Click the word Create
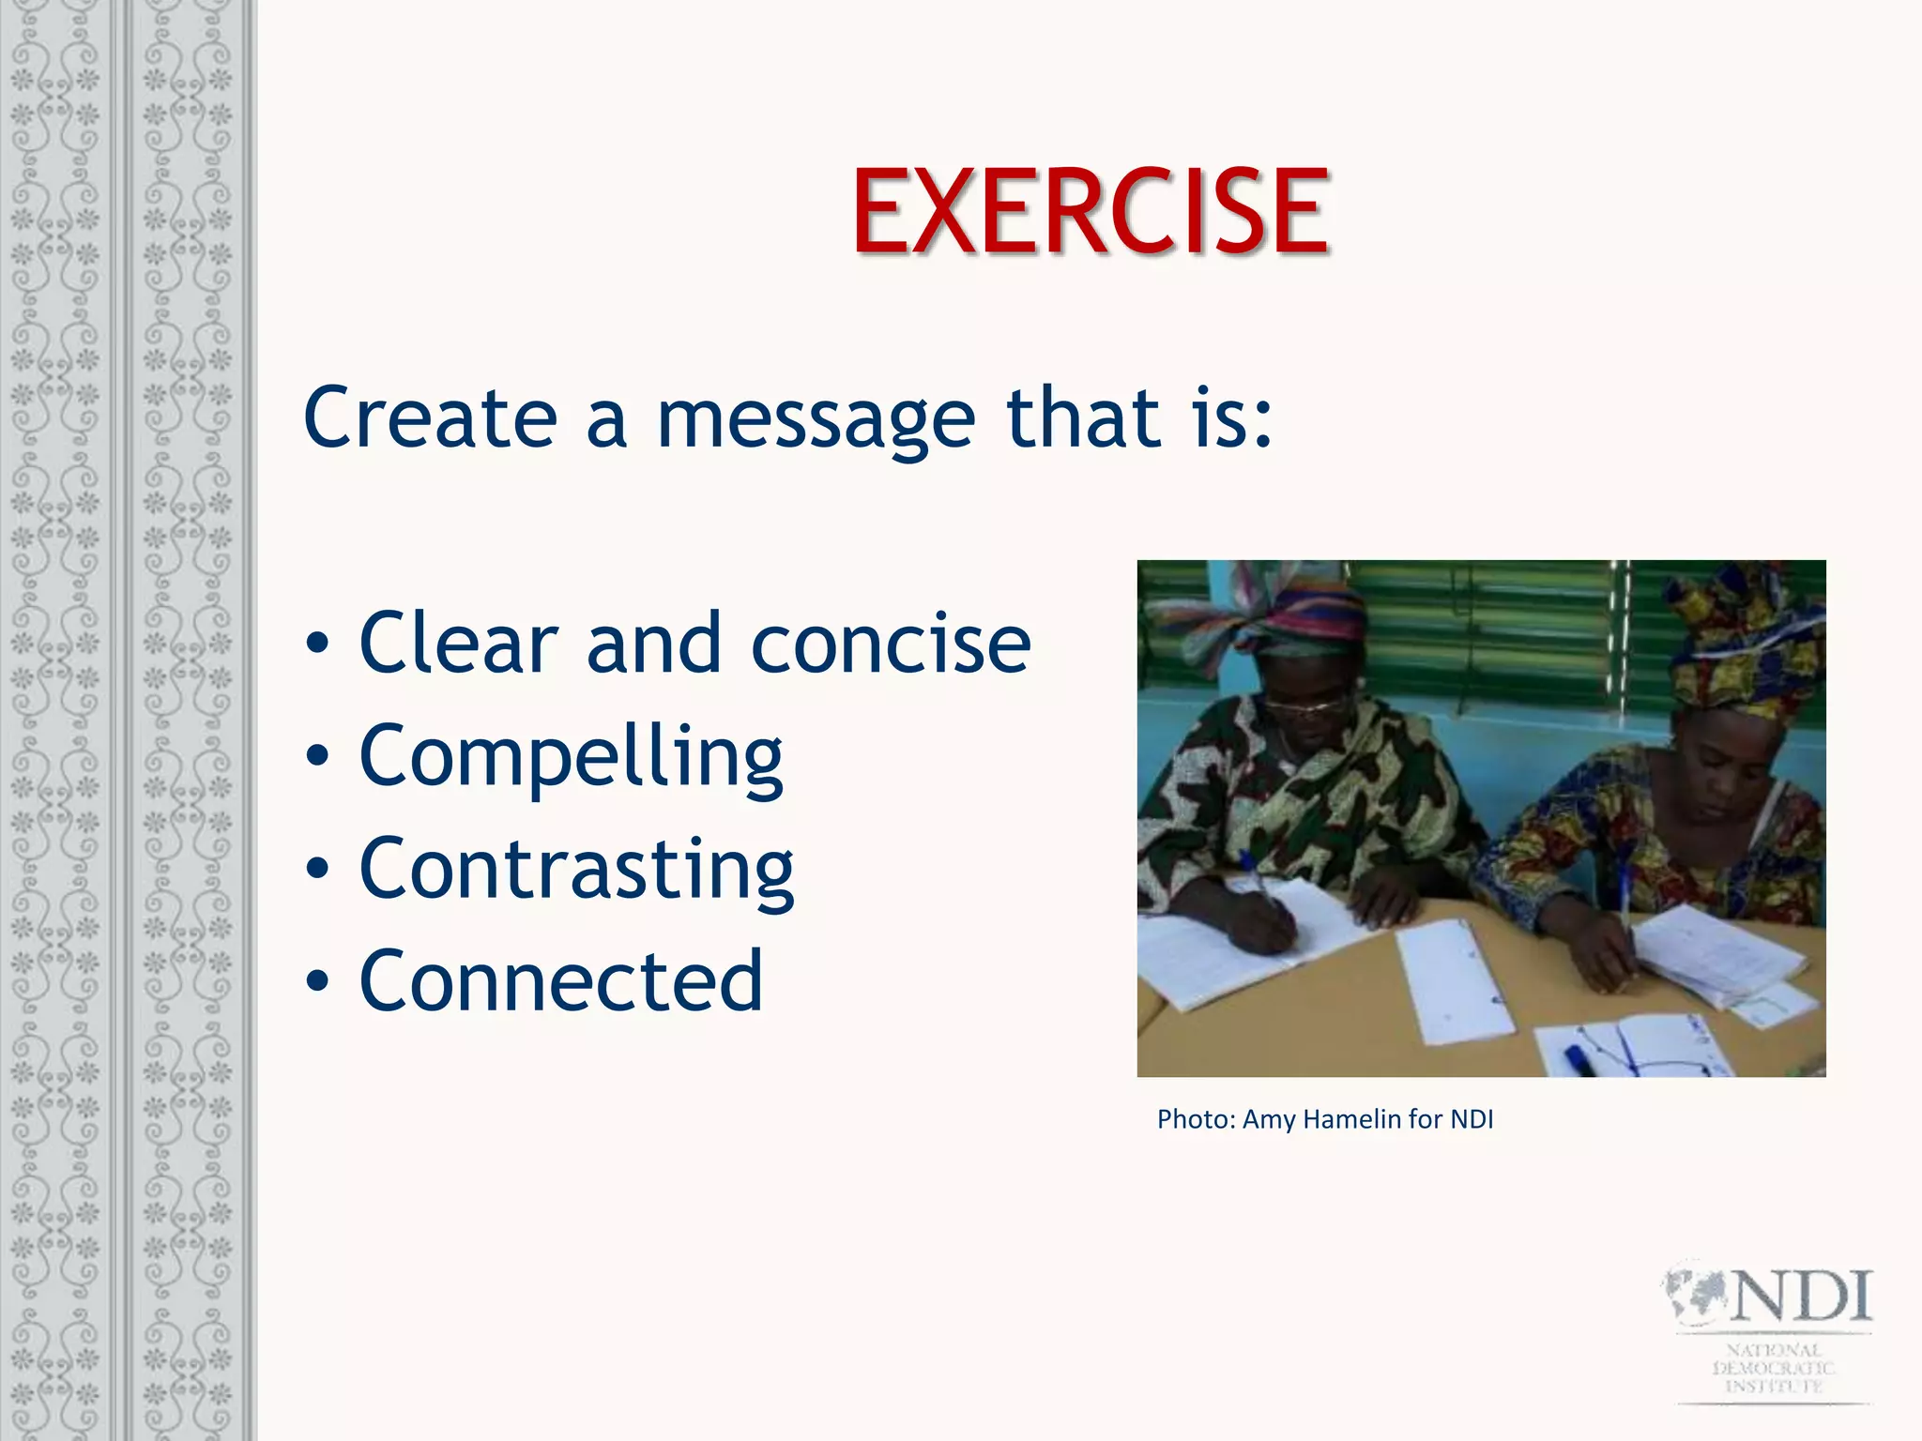pyautogui.click(x=430, y=417)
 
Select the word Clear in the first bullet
pyautogui.click(x=458, y=644)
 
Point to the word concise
pyautogui.click(x=891, y=645)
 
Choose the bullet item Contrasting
pyautogui.click(x=576, y=870)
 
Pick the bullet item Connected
pyautogui.click(x=561, y=981)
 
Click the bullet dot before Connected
pyautogui.click(x=317, y=982)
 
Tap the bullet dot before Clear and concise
pyautogui.click(x=317, y=645)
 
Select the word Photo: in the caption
pyautogui.click(x=1196, y=1119)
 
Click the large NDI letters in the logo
pyautogui.click(x=1800, y=1297)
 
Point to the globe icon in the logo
pyautogui.click(x=1695, y=1295)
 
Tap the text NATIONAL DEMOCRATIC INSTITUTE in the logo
pyautogui.click(x=1773, y=1368)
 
